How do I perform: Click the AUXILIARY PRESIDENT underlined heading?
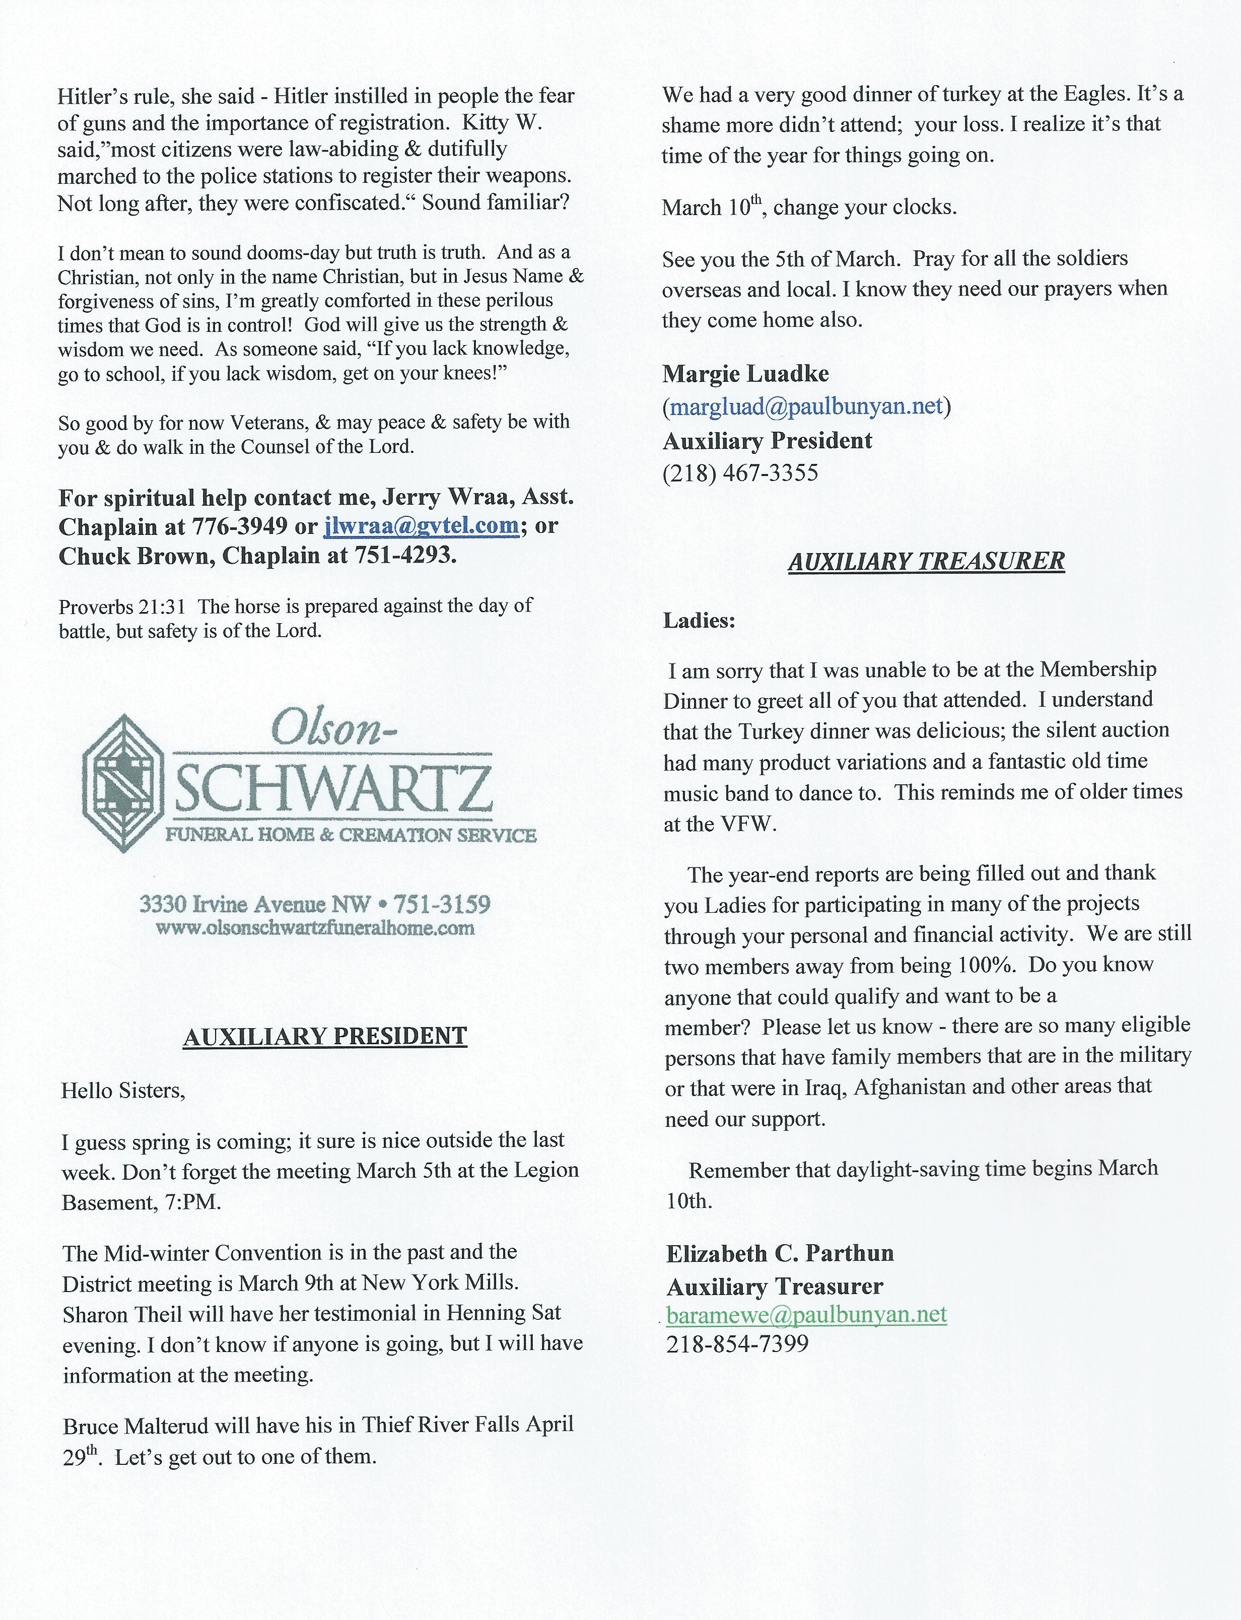point(325,1036)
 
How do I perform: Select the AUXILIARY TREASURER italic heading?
point(926,562)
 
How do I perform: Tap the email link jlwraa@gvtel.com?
point(421,525)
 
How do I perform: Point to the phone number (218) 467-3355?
point(740,473)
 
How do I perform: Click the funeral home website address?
point(315,928)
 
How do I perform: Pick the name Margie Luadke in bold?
point(745,374)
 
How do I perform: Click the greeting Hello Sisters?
point(122,1091)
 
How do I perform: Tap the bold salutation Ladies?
point(699,621)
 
